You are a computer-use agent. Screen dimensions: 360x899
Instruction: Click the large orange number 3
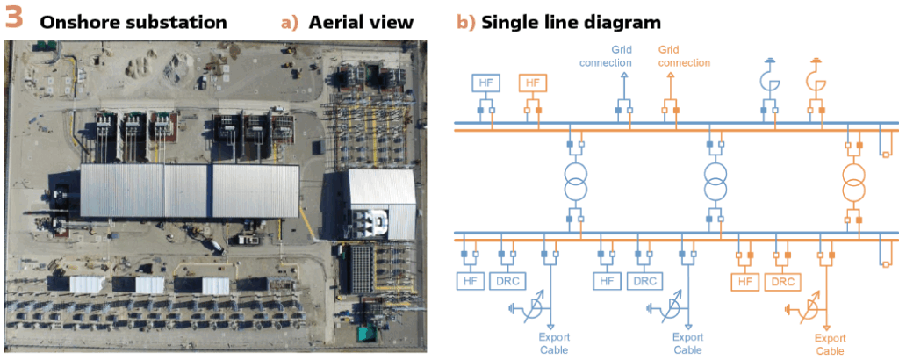[16, 19]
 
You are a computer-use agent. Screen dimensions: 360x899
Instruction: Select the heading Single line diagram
[571, 21]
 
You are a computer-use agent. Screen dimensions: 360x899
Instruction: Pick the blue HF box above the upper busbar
[485, 83]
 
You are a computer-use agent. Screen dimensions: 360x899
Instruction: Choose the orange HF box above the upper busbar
[532, 83]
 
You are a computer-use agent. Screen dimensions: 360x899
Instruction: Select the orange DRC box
[780, 282]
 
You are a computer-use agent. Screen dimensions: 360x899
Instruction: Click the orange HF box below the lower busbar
[745, 282]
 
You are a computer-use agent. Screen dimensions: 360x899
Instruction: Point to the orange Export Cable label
[830, 344]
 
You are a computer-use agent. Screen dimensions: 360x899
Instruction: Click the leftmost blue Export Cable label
[552, 343]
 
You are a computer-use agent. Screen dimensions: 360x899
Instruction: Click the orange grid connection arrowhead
[670, 76]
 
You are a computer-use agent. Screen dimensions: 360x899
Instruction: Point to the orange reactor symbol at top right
[816, 82]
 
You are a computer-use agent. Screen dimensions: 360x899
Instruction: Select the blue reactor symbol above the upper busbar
[769, 82]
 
